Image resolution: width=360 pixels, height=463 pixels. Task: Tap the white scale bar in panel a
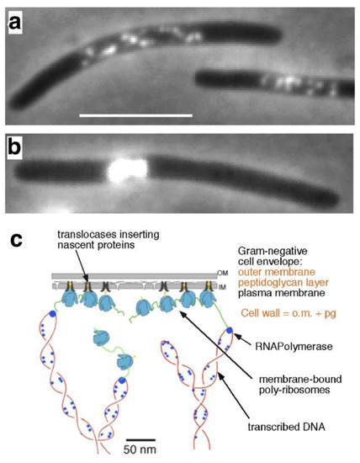click(x=135, y=114)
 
